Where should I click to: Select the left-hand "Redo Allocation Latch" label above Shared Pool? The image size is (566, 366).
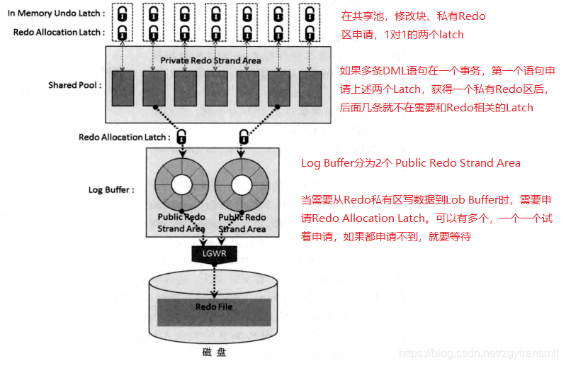pos(58,32)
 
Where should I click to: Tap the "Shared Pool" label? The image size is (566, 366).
pos(74,85)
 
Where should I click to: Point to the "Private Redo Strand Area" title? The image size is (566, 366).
pos(210,60)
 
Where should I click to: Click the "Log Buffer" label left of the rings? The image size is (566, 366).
pos(111,190)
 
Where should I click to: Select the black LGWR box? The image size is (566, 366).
pos(213,253)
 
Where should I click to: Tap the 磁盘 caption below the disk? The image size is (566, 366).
pos(214,351)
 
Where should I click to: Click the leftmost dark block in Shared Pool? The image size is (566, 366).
pos(123,89)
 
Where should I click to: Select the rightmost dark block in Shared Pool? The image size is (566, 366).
pos(310,89)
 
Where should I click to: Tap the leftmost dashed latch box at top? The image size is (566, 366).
pos(123,23)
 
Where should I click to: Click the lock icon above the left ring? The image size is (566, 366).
pos(182,136)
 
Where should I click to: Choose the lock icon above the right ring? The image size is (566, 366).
pos(243,136)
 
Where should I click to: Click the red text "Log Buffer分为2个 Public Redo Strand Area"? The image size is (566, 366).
pos(411,163)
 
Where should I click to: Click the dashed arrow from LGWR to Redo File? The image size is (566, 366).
pos(213,279)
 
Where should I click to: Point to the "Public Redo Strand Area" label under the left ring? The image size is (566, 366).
pos(182,223)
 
